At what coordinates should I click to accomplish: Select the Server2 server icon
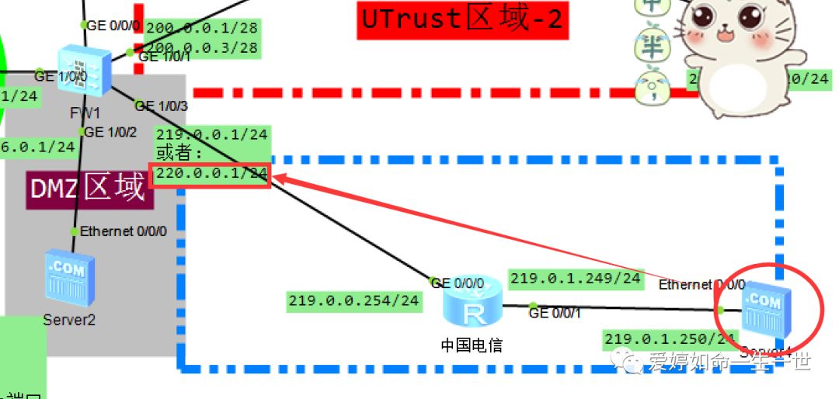(x=69, y=279)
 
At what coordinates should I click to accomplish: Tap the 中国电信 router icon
(x=473, y=307)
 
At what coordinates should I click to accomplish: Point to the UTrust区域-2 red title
(x=463, y=19)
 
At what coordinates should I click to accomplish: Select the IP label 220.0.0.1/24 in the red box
(x=212, y=173)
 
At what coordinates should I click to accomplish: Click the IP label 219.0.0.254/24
(x=353, y=300)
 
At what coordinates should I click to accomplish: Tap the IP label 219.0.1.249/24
(x=576, y=278)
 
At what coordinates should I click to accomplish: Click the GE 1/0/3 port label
(x=161, y=106)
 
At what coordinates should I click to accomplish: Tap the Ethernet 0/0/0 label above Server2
(x=123, y=231)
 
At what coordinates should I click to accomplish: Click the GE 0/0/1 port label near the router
(x=554, y=313)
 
